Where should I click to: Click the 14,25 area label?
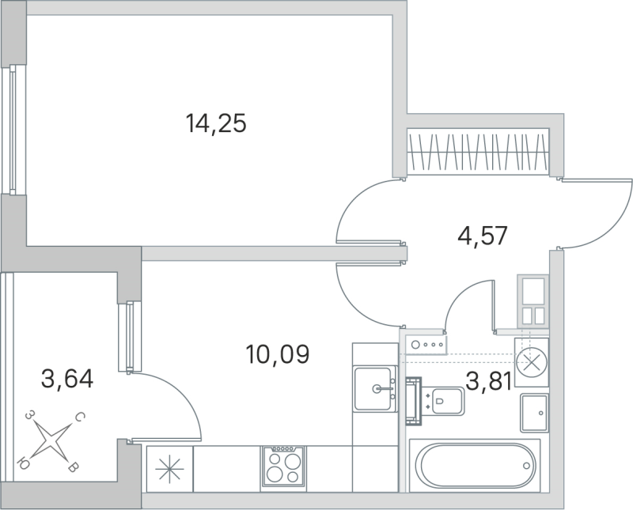pyautogui.click(x=216, y=123)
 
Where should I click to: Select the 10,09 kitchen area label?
pyautogui.click(x=277, y=353)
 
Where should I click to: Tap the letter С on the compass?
pyautogui.click(x=81, y=416)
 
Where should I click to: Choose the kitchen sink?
pyautogui.click(x=376, y=388)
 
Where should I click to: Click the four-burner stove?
pyautogui.click(x=283, y=465)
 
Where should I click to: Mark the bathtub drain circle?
pyautogui.click(x=525, y=467)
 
